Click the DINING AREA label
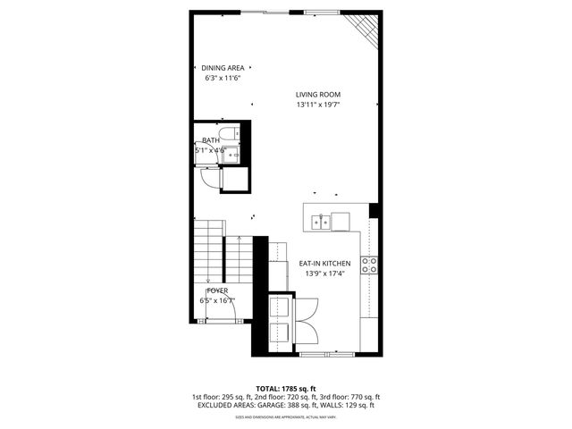point(223,68)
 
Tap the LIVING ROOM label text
point(318,95)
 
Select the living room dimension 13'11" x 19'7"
point(318,105)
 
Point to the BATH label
point(211,140)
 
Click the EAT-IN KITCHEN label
point(324,264)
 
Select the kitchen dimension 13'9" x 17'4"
point(324,273)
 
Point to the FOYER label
point(217,291)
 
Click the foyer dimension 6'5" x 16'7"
point(217,301)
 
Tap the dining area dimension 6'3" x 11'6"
point(223,78)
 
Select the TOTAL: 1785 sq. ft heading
point(286,388)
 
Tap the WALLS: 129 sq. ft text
point(349,405)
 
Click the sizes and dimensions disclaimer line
point(286,417)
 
